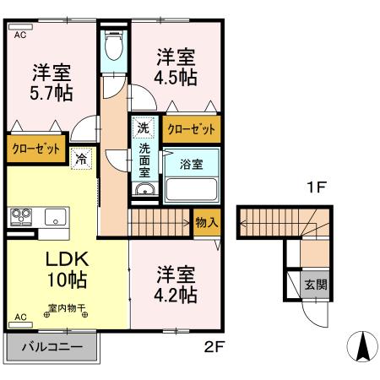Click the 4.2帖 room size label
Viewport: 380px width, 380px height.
[x=176, y=295]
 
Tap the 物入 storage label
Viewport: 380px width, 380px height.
[x=206, y=222]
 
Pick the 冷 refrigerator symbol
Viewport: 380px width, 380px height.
[x=82, y=157]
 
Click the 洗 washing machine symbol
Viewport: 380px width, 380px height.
[x=144, y=128]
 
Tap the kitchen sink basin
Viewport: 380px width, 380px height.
[x=54, y=216]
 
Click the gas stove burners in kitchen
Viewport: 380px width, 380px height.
[x=20, y=216]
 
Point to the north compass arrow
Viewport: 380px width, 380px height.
[x=361, y=346]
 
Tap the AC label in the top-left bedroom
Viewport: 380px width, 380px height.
[x=19, y=36]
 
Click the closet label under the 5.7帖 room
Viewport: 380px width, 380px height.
[x=36, y=149]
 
